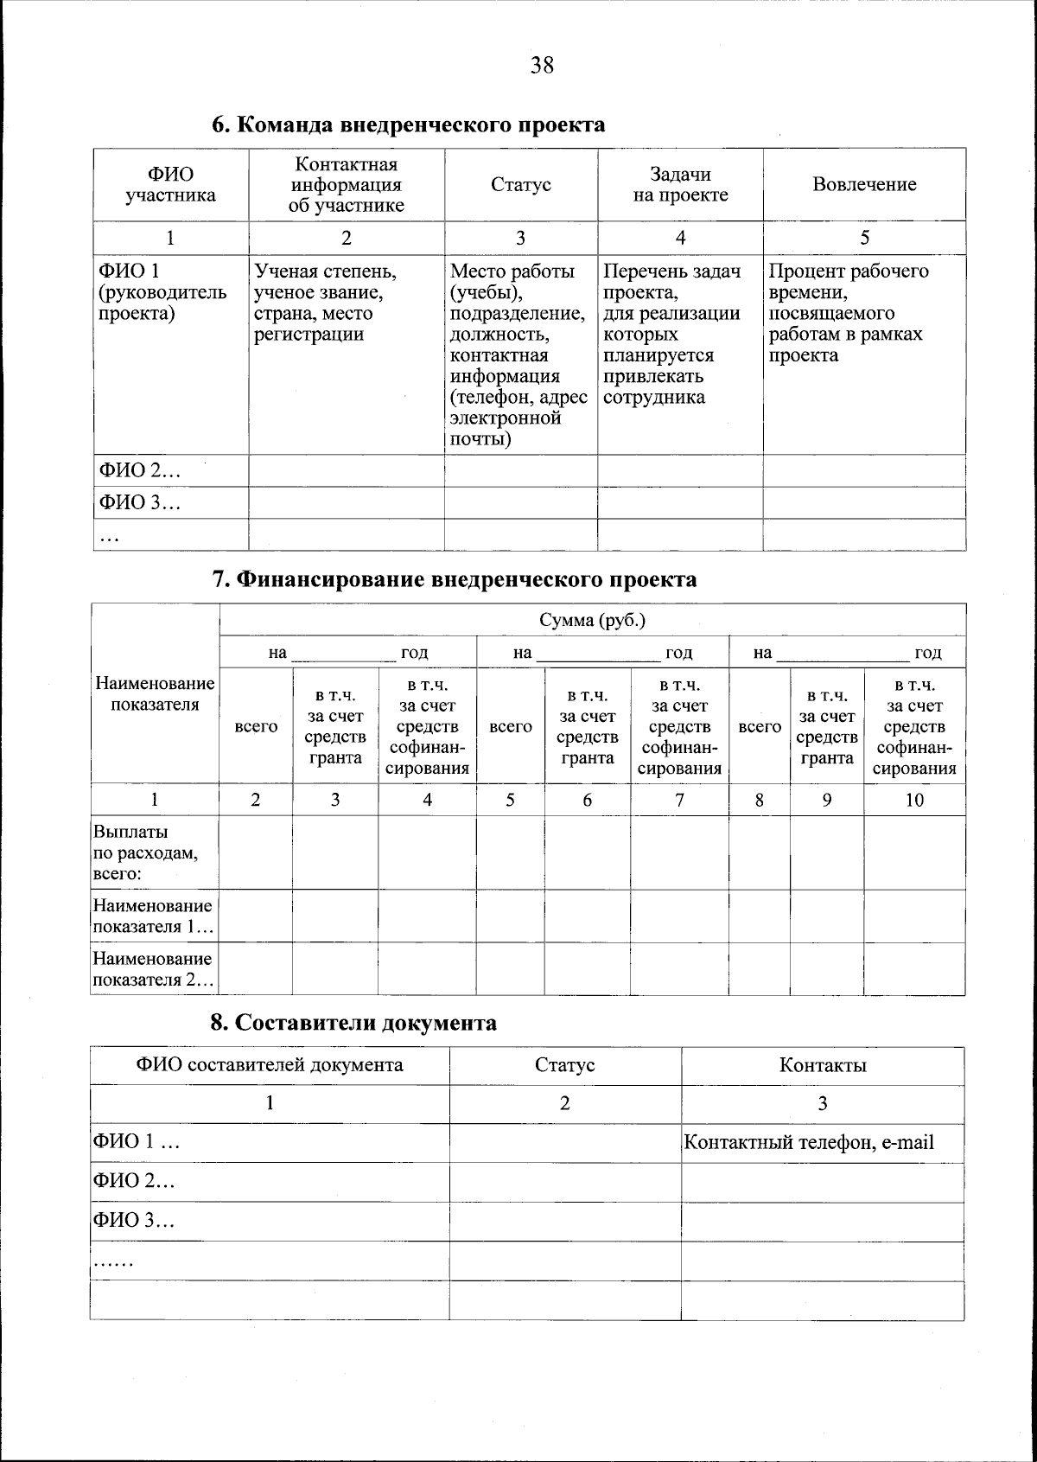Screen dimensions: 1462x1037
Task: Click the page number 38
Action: [x=542, y=65]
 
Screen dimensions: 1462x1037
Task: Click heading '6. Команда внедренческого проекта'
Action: [x=408, y=124]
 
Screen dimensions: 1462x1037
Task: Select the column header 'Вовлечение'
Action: [x=864, y=184]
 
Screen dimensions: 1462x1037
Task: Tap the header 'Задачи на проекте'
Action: [x=680, y=185]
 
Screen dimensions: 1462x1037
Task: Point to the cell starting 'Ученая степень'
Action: [x=326, y=303]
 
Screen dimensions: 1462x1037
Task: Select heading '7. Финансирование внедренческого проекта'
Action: [x=455, y=579]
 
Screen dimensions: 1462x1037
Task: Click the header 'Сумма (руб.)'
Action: [x=593, y=620]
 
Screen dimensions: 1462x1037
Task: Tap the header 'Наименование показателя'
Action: [x=155, y=693]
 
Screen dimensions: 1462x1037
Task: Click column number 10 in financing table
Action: [x=914, y=800]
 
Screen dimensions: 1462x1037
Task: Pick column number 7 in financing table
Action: [x=679, y=800]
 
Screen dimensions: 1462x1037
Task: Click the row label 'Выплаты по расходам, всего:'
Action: [x=145, y=852]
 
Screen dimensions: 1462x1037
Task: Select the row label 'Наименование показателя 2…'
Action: [x=153, y=969]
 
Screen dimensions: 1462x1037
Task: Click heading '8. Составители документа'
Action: [x=353, y=1023]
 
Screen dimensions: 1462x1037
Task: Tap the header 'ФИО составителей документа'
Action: [x=269, y=1064]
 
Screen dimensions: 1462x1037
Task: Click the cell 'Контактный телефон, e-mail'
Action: [x=809, y=1142]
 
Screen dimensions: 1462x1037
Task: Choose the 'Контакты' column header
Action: [x=822, y=1065]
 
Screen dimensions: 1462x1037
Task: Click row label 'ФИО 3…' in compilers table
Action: [x=133, y=1221]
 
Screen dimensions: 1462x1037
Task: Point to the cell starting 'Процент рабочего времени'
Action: [x=849, y=313]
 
